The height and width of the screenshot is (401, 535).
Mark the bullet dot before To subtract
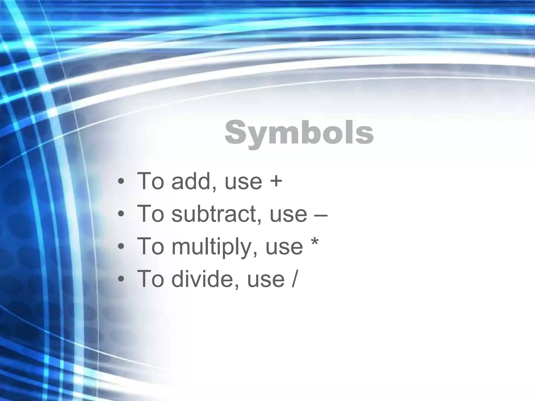(x=121, y=214)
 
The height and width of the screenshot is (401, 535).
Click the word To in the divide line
(x=150, y=279)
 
